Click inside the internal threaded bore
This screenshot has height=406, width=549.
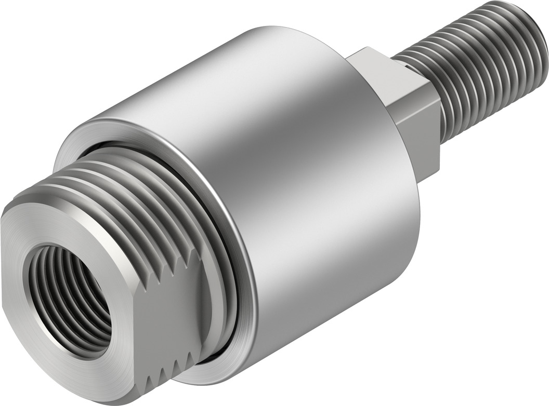(73, 301)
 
